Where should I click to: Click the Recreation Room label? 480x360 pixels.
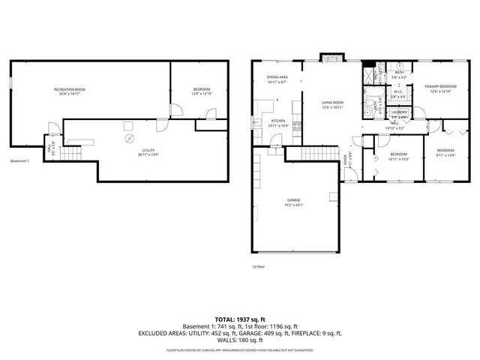coord(69,89)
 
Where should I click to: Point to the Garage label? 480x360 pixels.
coord(294,199)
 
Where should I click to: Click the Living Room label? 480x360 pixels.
coord(332,103)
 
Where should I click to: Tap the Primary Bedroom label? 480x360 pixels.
coord(440,87)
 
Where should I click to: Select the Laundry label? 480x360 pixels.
coord(399,112)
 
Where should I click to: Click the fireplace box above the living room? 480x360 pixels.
coord(330,58)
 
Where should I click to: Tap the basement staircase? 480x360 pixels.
coord(70,154)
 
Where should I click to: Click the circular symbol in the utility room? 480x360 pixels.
coord(128,139)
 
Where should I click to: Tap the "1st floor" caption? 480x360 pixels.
coord(259,265)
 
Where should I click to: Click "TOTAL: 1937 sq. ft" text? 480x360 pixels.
coord(239,319)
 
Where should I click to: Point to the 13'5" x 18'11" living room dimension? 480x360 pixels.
coord(332,107)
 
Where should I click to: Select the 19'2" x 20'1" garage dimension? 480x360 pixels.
coord(294,205)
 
